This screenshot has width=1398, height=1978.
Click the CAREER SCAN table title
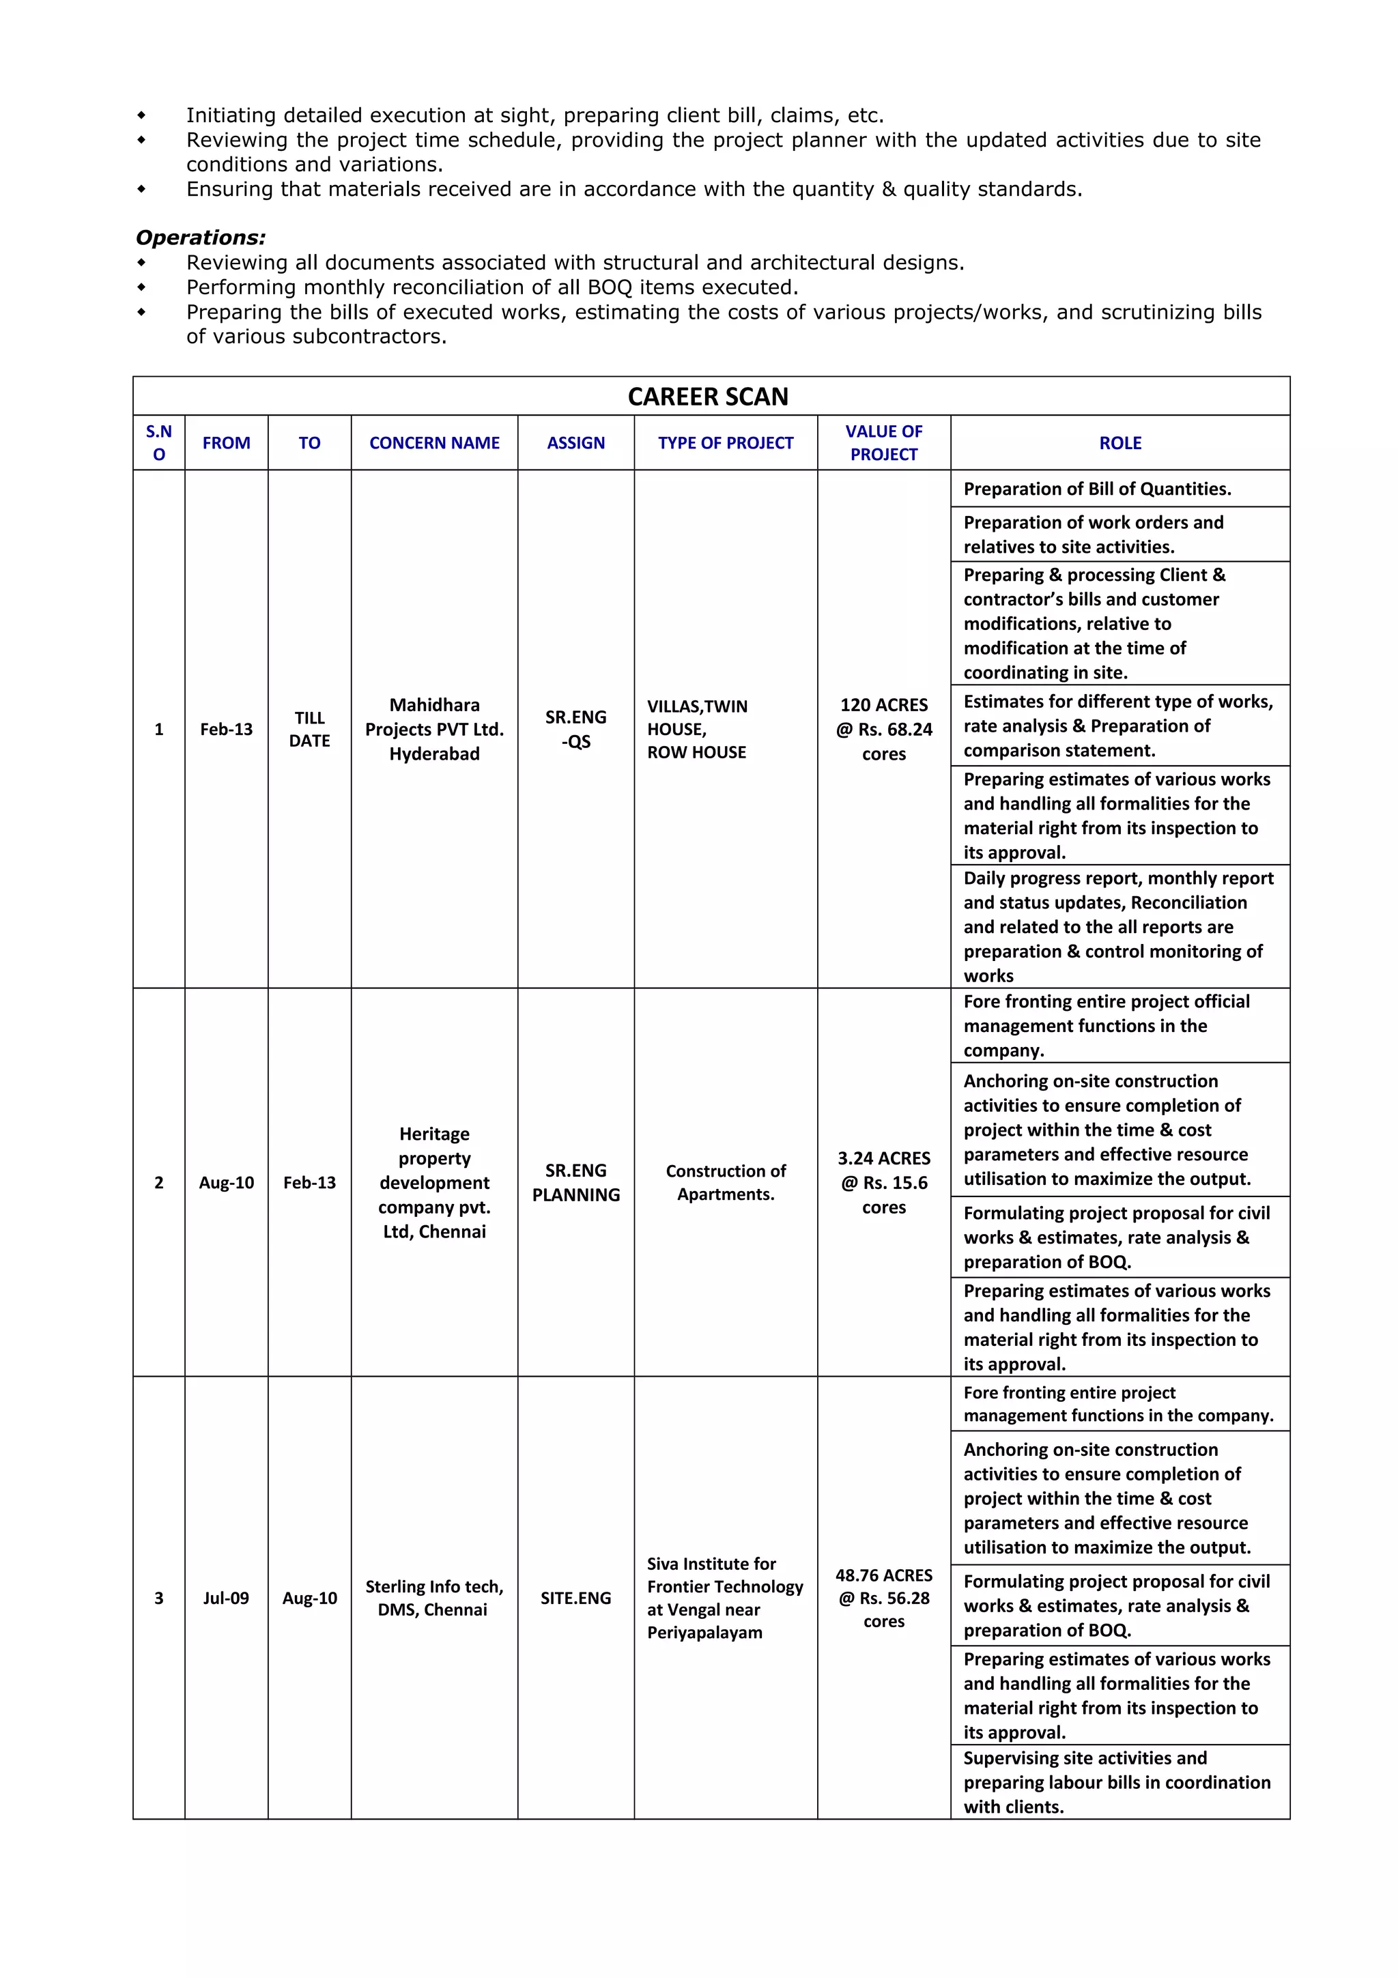point(707,397)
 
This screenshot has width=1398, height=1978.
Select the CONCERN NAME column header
point(434,443)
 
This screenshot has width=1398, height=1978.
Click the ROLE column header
point(1119,443)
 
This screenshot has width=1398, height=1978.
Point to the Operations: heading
point(201,238)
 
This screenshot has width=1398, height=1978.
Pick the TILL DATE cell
point(309,729)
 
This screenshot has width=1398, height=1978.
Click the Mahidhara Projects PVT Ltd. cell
point(434,729)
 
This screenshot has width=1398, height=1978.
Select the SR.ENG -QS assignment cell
point(575,729)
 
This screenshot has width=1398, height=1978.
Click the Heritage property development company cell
point(434,1182)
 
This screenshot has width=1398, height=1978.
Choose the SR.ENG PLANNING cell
point(575,1182)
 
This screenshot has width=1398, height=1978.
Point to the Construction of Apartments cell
point(725,1182)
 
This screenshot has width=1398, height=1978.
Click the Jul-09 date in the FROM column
point(226,1598)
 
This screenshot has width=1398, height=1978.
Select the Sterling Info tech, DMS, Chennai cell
point(434,1598)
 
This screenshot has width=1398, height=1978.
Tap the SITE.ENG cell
point(575,1598)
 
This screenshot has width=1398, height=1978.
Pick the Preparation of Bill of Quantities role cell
point(1096,489)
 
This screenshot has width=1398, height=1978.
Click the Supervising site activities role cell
point(1116,1782)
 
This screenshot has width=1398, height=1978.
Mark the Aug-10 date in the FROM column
point(226,1182)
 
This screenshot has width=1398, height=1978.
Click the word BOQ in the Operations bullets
point(610,288)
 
